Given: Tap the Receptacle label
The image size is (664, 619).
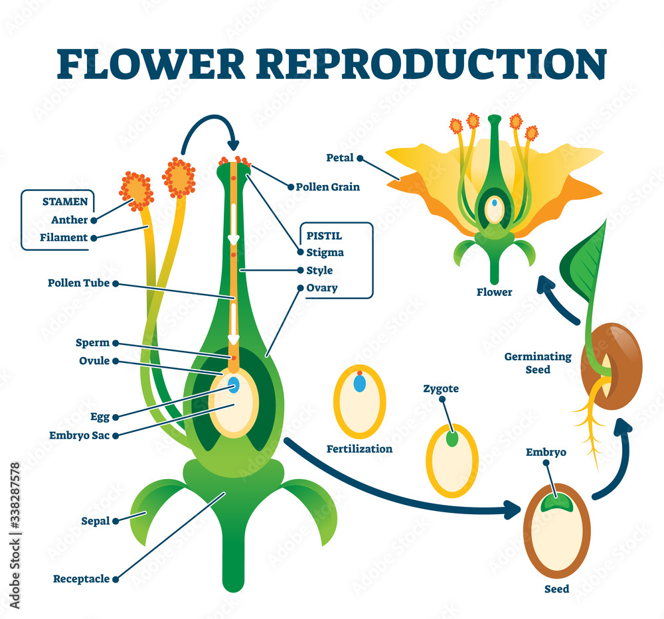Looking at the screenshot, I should [x=81, y=579].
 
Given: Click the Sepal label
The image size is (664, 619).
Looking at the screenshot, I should [x=96, y=521].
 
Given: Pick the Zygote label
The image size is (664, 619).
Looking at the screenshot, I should [x=440, y=389].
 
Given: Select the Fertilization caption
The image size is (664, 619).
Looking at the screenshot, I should [x=359, y=449].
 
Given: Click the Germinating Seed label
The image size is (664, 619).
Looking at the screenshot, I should [x=538, y=363].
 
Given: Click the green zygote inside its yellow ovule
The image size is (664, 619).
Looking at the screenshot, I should [x=452, y=439].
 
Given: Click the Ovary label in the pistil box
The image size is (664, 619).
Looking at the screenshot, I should [x=322, y=288].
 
